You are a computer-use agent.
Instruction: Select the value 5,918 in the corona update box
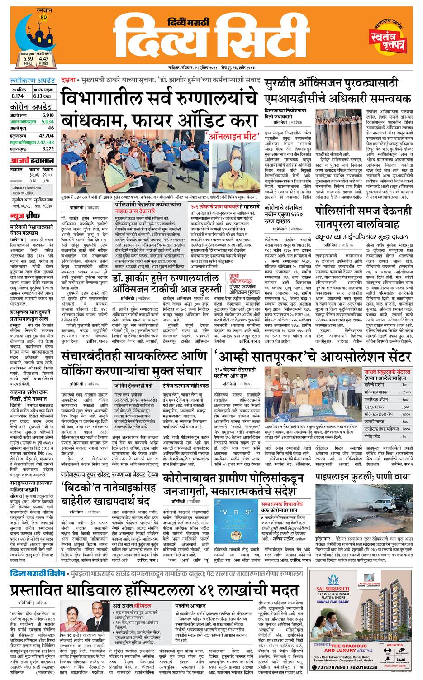tap(47, 115)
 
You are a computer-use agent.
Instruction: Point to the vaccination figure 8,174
tap(18, 96)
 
